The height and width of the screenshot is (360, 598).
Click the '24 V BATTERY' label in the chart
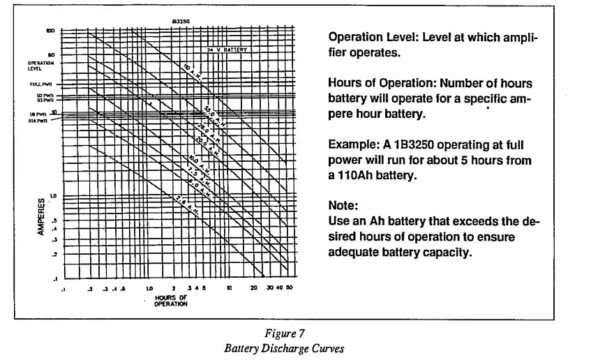click(x=227, y=50)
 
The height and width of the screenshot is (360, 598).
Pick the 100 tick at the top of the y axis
click(x=50, y=31)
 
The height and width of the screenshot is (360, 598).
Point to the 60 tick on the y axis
click(x=51, y=54)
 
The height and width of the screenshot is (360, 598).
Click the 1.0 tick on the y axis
click(x=50, y=196)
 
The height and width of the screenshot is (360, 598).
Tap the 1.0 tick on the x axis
click(x=149, y=288)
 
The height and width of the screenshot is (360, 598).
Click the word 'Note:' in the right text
click(x=342, y=206)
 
